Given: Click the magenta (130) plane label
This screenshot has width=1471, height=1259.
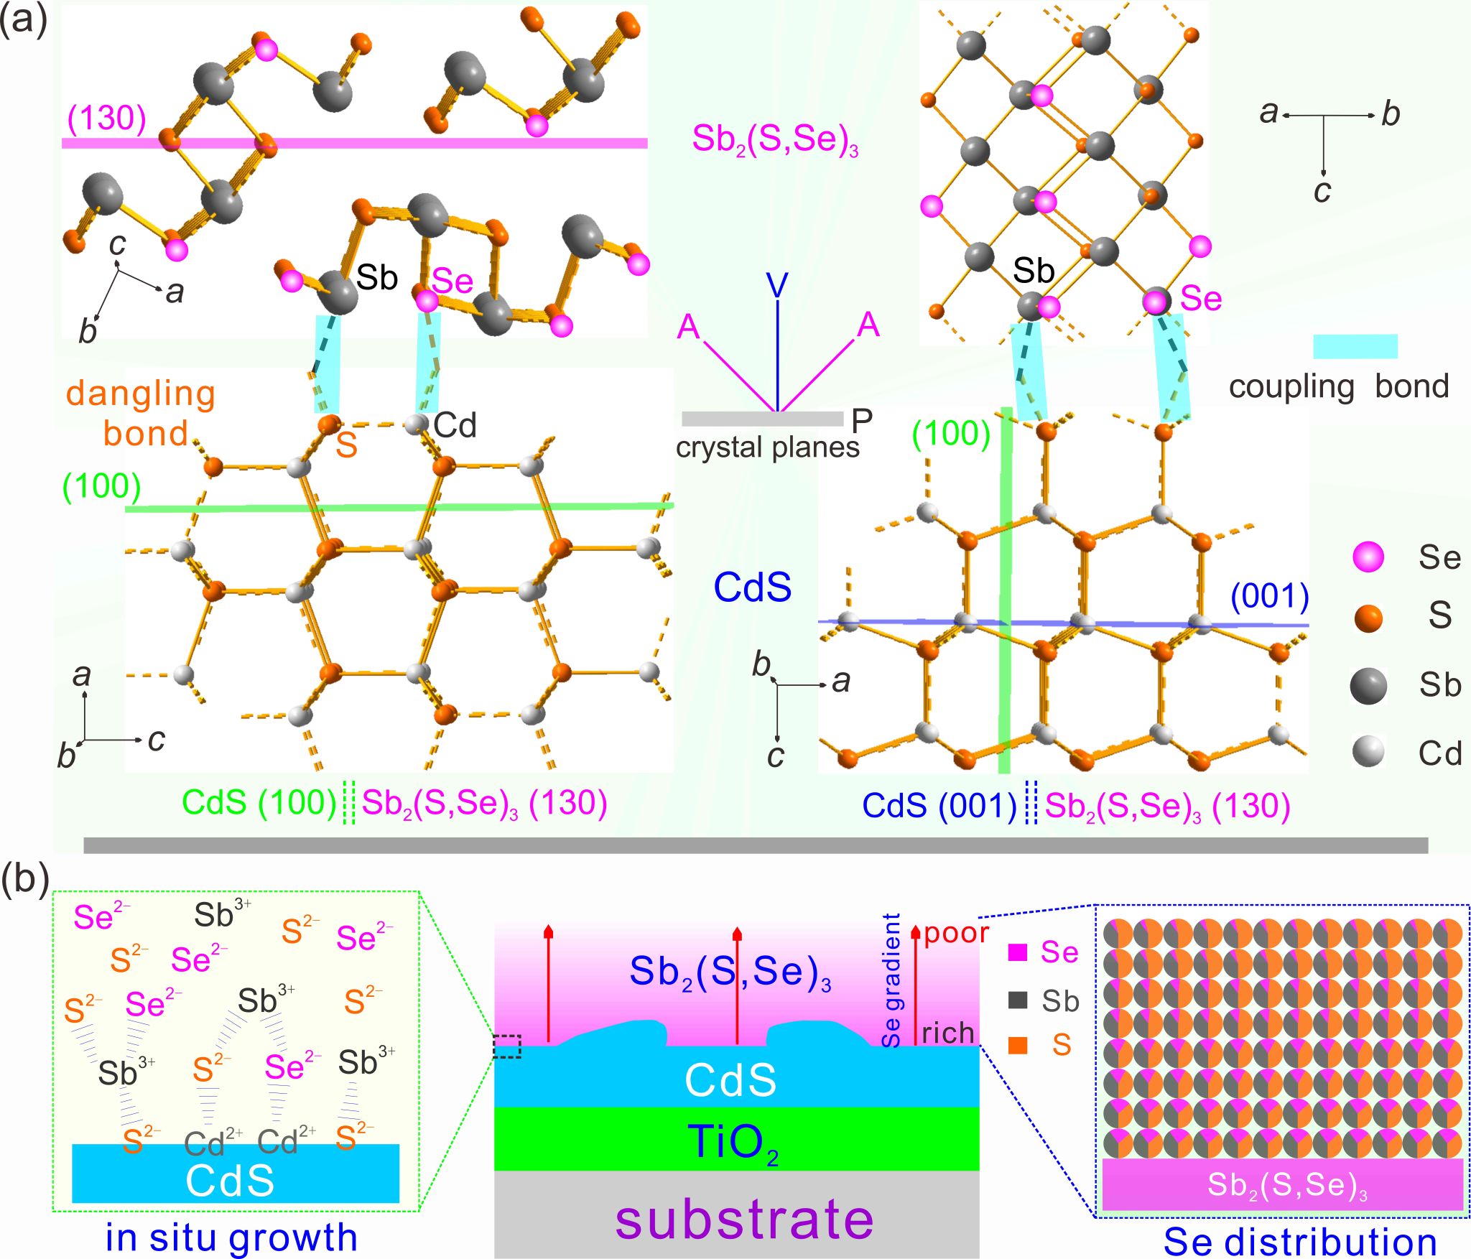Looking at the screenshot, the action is point(107,118).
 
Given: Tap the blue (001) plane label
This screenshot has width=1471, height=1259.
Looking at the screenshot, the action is point(1270,597).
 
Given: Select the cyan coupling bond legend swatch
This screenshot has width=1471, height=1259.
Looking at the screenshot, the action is point(1355,346).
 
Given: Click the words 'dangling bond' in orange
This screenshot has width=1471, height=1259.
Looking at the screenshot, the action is point(141,414).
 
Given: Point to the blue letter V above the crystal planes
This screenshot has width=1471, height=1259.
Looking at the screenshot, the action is point(777,286).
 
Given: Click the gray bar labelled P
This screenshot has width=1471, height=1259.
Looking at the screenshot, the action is point(762,419).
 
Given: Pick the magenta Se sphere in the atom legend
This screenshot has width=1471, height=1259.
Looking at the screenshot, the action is point(1368,557).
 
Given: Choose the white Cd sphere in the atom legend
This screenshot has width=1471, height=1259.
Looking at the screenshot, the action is point(1368,753).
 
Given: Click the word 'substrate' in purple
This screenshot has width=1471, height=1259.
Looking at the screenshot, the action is point(744,1219).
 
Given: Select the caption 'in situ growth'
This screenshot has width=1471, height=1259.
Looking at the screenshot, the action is point(231,1237).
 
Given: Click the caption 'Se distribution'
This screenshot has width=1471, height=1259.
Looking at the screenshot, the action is point(1300,1242).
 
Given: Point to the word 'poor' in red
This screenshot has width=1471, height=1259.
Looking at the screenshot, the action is point(956,934).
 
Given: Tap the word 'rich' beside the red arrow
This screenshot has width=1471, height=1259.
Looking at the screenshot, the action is point(948,1033).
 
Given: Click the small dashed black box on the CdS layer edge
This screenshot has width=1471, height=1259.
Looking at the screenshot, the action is point(507,1046).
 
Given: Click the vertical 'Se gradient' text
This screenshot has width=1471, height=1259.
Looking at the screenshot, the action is point(891,981).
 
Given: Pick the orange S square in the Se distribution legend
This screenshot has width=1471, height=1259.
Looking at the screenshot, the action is point(1018,1045).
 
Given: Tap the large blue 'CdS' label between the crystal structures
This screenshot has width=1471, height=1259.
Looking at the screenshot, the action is point(753,587).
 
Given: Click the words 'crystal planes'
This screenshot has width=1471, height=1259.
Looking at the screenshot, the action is point(767,448).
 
